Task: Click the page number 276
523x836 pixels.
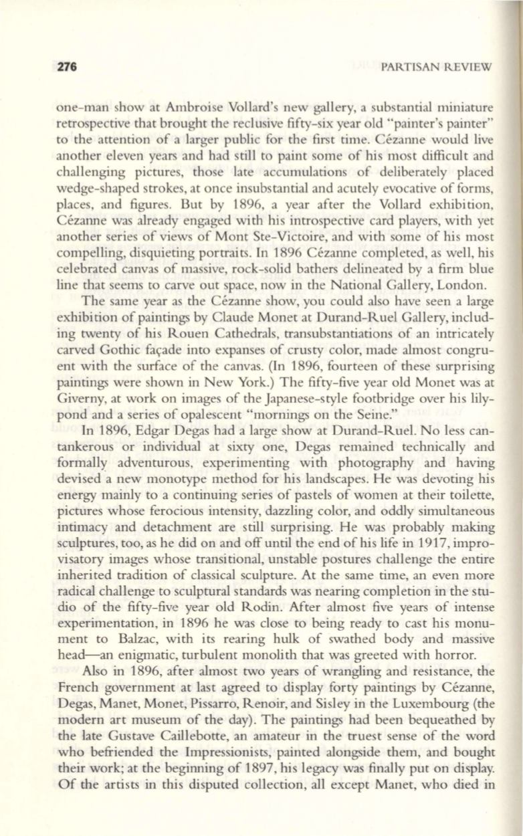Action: coord(69,67)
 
